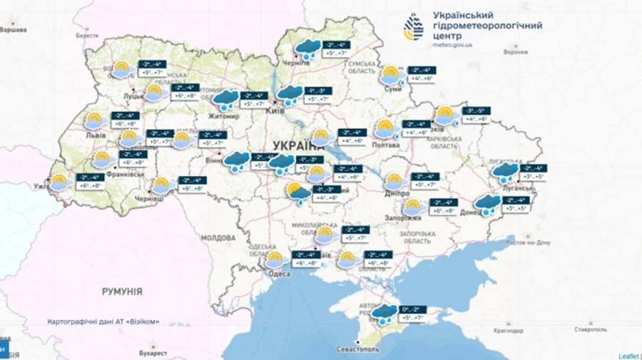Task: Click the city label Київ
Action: pos(275,110)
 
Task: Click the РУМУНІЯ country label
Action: pos(122,292)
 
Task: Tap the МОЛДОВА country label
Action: pos(218,237)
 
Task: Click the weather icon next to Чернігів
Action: pos(307,49)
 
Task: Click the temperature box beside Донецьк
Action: pos(517,205)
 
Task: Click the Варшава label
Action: pos(12,29)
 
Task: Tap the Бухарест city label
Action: pos(153,352)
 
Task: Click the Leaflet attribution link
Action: pos(628,354)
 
